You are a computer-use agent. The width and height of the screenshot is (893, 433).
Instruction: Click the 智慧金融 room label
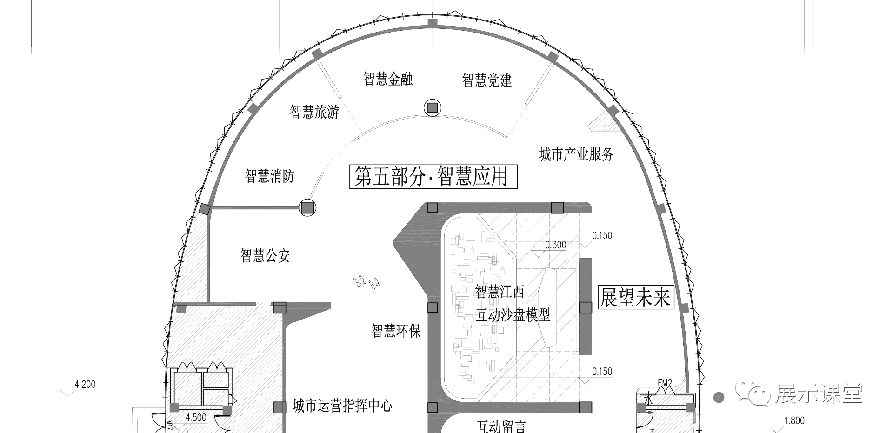point(388,79)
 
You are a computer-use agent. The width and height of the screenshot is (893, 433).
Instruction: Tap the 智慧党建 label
point(487,80)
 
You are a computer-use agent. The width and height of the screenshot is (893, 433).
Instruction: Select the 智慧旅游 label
point(314,112)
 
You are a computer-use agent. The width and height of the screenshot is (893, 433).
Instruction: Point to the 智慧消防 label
point(270,176)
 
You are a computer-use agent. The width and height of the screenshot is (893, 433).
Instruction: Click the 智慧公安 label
point(265,255)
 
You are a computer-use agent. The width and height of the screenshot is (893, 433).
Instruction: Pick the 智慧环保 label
point(396,331)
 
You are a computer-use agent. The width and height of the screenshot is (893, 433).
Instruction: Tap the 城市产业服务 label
point(576,154)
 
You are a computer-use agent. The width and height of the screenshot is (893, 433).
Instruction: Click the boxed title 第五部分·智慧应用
point(433,177)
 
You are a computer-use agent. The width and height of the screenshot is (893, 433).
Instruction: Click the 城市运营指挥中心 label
point(342,406)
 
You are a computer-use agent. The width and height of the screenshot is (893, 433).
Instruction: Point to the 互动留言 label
point(501,426)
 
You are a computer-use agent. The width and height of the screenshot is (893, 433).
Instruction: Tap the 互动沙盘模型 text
point(513,315)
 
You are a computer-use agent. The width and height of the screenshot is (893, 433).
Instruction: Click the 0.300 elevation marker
point(555,245)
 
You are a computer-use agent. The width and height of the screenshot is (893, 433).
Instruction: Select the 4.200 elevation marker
point(85,385)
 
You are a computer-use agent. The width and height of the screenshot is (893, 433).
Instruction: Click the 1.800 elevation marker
point(794,421)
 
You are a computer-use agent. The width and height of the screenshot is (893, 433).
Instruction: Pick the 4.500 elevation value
point(196,417)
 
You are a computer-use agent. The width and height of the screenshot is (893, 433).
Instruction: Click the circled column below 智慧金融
point(433,108)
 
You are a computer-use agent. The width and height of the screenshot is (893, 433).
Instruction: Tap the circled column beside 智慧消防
point(307,207)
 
